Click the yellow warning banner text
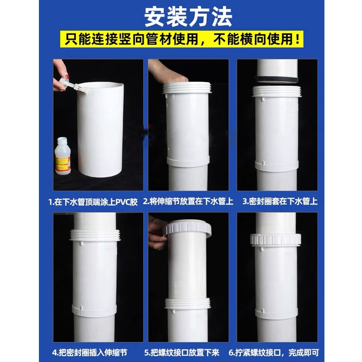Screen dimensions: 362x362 pyautogui.click(x=181, y=40)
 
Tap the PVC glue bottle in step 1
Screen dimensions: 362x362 pyautogui.click(x=62, y=156)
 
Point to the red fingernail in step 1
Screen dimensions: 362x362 pyautogui.click(x=67, y=76)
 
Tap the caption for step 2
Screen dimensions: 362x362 pyautogui.click(x=188, y=201)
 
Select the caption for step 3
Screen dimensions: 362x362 pyautogui.click(x=279, y=201)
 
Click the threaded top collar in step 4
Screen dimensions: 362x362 pyautogui.click(x=96, y=236)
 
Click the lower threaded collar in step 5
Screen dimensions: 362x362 pyautogui.click(x=187, y=303)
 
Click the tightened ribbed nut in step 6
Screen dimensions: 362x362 pyautogui.click(x=277, y=238)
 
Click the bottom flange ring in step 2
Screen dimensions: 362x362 pyautogui.click(x=188, y=161)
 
